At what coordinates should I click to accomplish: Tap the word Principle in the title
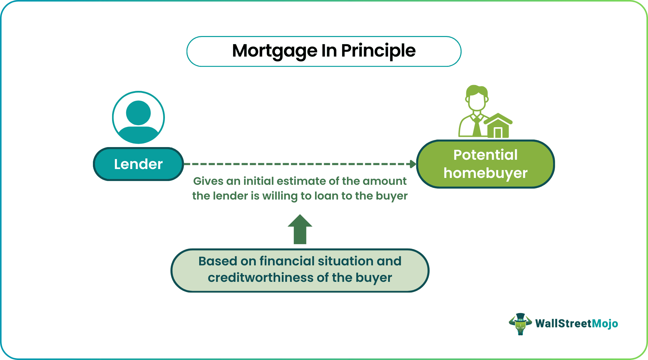(378, 51)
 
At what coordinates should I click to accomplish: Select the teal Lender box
(139, 164)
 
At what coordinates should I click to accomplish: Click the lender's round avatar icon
(139, 118)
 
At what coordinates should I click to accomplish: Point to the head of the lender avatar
(139, 112)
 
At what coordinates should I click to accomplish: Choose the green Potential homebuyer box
(485, 164)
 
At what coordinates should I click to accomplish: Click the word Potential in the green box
(485, 155)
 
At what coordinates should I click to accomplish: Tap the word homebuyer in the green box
(485, 173)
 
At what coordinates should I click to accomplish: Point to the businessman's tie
(477, 128)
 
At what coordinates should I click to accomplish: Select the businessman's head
(477, 97)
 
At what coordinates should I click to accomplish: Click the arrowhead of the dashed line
(413, 164)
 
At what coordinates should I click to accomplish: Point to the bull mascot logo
(520, 324)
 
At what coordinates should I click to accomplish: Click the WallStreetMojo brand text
(577, 324)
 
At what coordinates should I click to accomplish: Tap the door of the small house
(498, 132)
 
